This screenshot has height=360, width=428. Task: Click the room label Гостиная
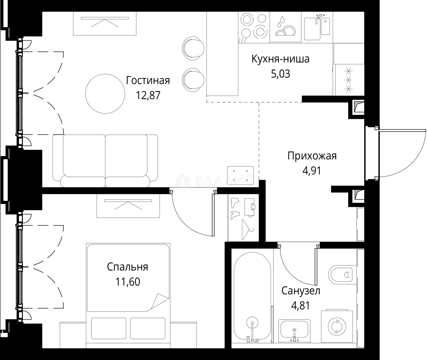(148, 81)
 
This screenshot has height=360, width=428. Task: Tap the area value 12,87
(148, 95)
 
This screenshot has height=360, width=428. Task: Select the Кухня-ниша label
(280, 59)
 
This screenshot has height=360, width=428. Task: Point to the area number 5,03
(281, 74)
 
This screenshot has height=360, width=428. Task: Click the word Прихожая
(312, 156)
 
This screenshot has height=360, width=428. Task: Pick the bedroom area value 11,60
(128, 282)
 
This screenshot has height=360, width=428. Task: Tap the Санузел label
(301, 291)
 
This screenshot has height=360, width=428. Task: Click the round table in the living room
(105, 94)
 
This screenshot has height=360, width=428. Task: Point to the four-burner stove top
(254, 27)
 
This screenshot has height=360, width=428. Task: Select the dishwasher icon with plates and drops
(285, 27)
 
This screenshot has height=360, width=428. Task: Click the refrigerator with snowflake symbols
(348, 80)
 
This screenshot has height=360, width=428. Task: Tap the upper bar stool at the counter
(193, 49)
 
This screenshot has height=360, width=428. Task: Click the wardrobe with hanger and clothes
(243, 218)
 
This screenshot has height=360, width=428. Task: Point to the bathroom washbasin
(294, 331)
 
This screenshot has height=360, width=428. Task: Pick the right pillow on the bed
(147, 328)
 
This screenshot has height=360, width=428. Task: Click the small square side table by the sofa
(240, 175)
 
